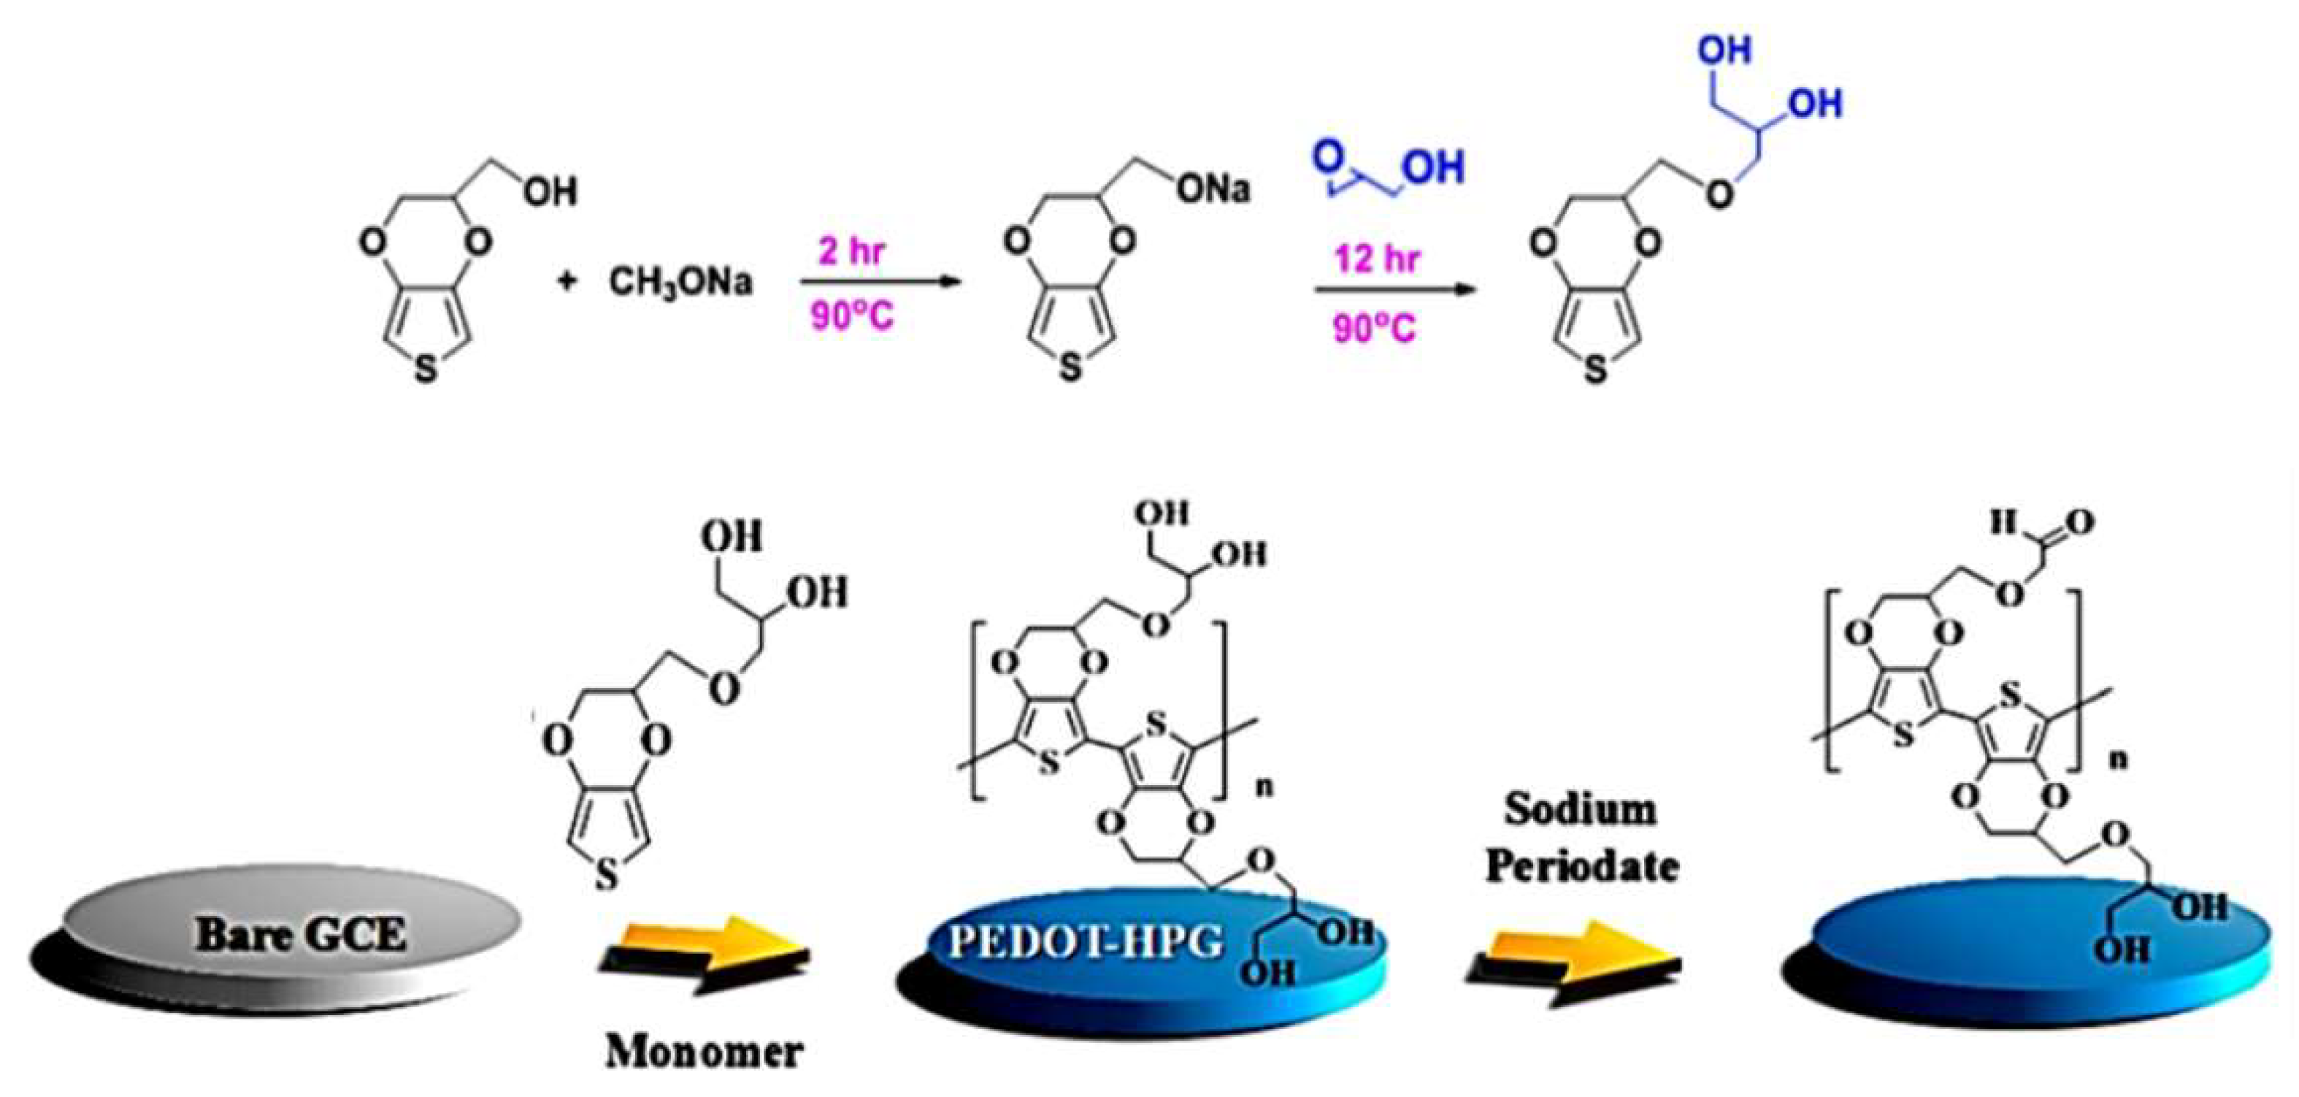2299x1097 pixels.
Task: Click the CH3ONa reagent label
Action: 680,282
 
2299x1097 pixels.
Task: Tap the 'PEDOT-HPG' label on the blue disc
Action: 1085,941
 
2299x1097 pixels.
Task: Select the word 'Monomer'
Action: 705,1052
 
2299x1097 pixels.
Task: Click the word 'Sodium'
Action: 1581,809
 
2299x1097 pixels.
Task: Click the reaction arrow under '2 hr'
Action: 880,283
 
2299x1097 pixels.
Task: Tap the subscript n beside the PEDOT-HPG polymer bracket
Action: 1264,788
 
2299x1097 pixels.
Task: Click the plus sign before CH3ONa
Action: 566,282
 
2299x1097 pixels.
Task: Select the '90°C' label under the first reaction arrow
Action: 851,317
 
